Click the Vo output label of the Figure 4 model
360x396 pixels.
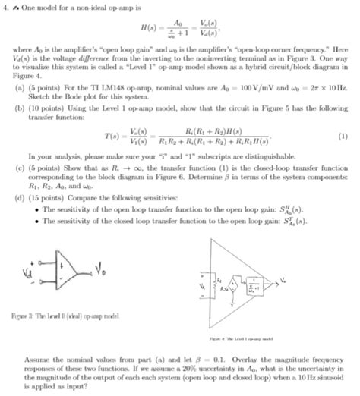(x=307, y=281)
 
